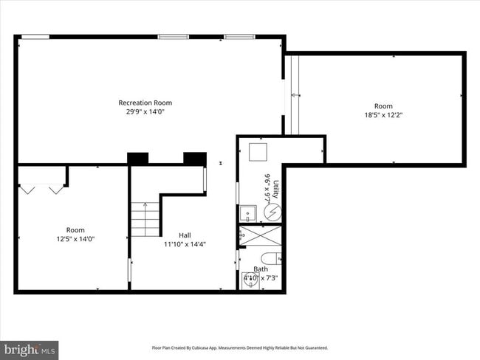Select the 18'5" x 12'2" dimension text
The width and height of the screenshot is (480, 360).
(x=383, y=115)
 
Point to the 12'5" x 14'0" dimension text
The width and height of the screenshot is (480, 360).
(x=75, y=239)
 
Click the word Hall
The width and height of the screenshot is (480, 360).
(x=174, y=235)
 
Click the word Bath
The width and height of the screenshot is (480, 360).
(x=261, y=269)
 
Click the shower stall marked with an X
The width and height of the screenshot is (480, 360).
(x=260, y=236)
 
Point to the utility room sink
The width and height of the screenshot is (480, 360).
(x=250, y=214)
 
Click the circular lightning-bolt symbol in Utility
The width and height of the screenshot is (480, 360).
(x=272, y=212)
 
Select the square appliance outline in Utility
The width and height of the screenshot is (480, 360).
(x=258, y=150)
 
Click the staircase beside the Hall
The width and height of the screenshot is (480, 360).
(x=146, y=219)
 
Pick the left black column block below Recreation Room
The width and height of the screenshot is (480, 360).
(x=137, y=158)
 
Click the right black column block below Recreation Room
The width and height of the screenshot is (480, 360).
(x=194, y=158)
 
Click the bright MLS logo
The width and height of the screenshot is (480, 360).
(x=30, y=349)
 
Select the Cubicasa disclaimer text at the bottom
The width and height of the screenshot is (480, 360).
(x=240, y=347)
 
